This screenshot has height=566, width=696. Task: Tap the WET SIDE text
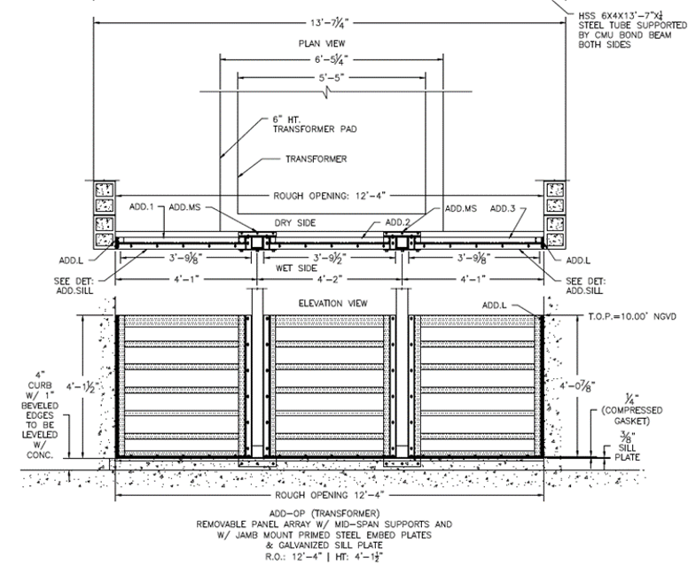(x=296, y=268)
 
